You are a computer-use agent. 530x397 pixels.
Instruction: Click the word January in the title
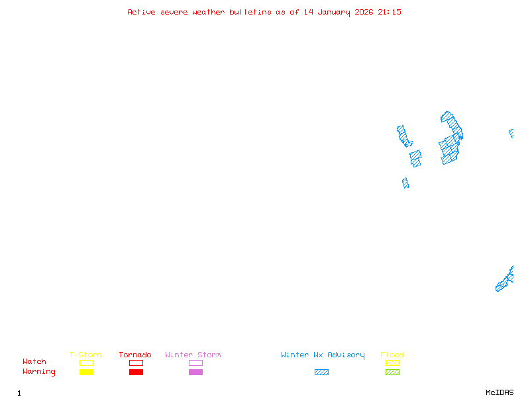[336, 12]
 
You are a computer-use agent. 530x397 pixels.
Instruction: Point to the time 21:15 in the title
[390, 12]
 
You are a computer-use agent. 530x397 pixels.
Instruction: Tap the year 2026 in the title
[364, 12]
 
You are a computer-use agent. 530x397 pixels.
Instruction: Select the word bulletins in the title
[250, 12]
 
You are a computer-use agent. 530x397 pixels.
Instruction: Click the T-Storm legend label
[85, 355]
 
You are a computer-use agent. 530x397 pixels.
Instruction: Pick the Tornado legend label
[135, 355]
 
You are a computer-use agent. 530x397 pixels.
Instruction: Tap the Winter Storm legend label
[193, 355]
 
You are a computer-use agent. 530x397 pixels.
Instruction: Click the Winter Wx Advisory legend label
[323, 355]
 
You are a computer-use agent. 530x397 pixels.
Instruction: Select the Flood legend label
[392, 355]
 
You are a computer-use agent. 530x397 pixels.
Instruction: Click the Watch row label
[34, 362]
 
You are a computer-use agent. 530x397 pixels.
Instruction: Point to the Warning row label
[39, 372]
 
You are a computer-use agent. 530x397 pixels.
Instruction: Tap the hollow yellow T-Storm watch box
[86, 363]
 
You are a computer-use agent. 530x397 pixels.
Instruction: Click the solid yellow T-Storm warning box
[86, 373]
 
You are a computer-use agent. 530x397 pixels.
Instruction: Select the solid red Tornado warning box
[136, 373]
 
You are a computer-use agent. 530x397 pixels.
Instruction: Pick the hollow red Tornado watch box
[136, 363]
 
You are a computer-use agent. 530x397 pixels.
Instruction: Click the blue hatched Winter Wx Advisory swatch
[321, 373]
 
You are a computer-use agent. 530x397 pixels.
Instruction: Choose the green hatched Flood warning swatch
[392, 373]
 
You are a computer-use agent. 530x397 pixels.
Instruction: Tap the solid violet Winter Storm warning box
[195, 373]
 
